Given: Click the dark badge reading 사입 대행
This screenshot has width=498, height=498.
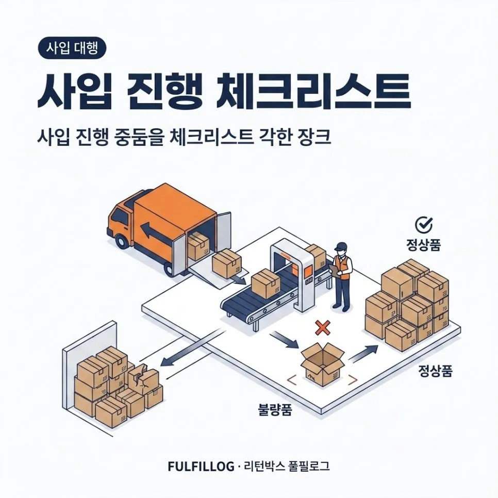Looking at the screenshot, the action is click(x=72, y=48).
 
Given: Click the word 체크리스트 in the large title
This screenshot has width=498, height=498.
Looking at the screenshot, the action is click(x=313, y=91).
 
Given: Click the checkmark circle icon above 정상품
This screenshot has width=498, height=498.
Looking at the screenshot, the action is click(x=424, y=225).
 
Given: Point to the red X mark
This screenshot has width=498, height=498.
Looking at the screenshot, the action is click(x=323, y=328).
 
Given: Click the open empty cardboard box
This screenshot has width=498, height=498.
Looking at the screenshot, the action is click(x=322, y=363).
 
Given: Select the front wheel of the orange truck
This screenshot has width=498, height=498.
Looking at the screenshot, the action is click(x=122, y=241).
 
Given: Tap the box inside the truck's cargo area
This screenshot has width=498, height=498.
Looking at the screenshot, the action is click(x=197, y=245).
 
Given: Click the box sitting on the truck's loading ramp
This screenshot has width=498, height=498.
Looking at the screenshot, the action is click(x=226, y=263).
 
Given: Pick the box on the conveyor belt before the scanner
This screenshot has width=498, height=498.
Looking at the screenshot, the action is click(x=265, y=284).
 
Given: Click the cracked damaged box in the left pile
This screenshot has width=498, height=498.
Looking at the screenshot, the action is click(x=143, y=379).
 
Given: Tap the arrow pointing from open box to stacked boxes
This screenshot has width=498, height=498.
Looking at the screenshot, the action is click(x=363, y=353).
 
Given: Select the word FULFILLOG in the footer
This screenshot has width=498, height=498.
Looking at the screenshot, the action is click(x=201, y=467).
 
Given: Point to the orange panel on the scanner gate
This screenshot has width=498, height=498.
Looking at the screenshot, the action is click(x=308, y=272).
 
